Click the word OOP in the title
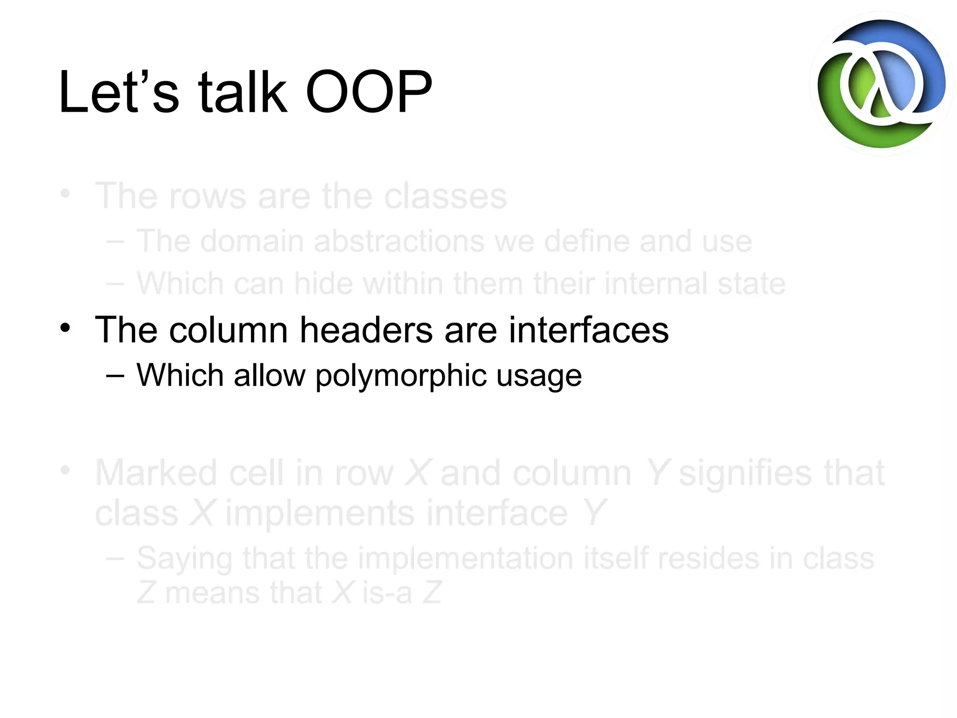[x=369, y=92]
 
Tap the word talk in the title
[x=242, y=92]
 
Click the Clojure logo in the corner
[x=881, y=84]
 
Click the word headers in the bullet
[x=366, y=330]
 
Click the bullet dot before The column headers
[x=65, y=328]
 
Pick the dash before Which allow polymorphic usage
[x=115, y=375]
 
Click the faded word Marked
[x=156, y=473]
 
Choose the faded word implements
[x=320, y=513]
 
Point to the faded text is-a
[x=387, y=593]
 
